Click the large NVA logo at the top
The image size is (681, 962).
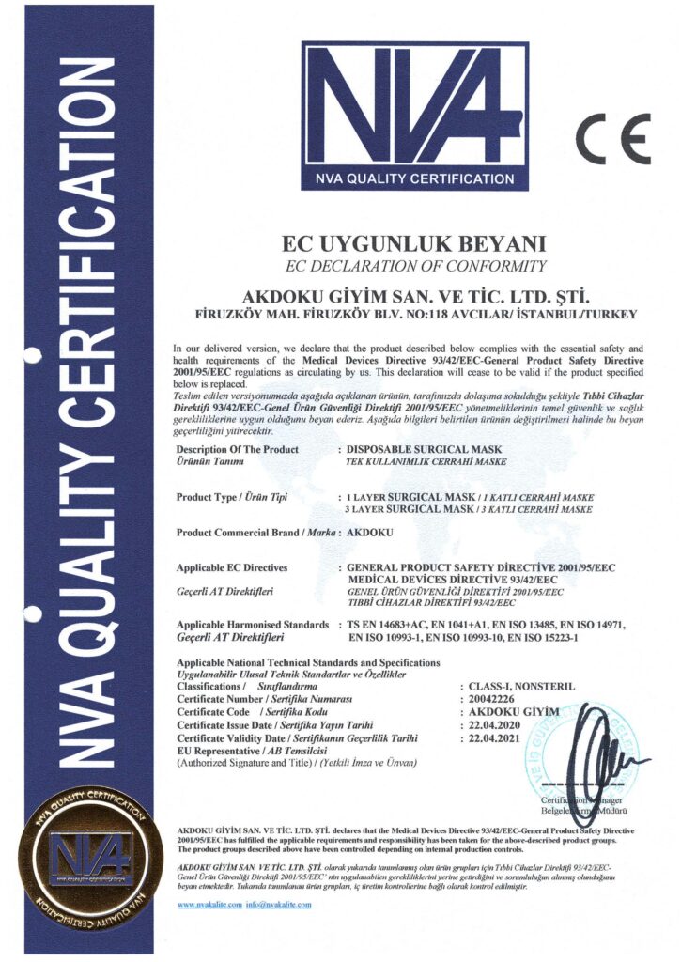414,114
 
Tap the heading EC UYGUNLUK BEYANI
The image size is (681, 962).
414,242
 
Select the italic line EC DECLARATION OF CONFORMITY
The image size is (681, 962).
414,266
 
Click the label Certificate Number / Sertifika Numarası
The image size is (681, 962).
264,700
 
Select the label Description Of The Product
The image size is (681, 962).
238,450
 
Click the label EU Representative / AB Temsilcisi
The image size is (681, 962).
246,753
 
